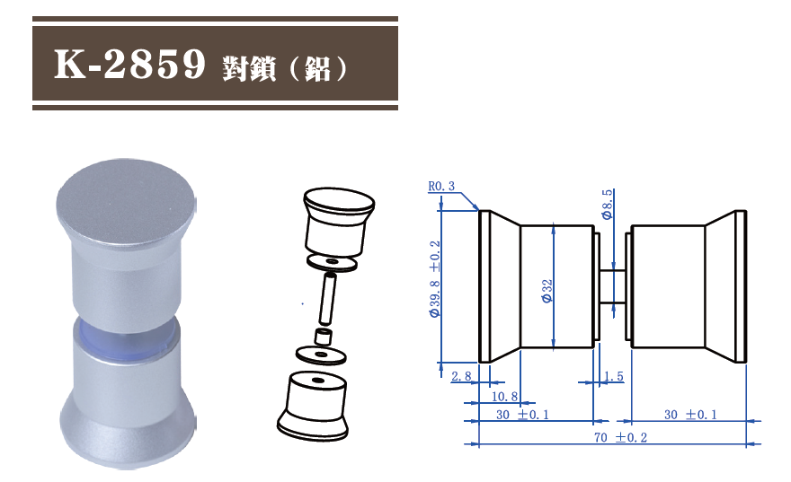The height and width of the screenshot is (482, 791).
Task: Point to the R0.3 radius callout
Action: pyautogui.click(x=441, y=187)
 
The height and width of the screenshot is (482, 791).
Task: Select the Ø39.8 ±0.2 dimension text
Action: pyautogui.click(x=435, y=280)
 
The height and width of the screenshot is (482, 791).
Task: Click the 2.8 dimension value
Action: pyautogui.click(x=461, y=376)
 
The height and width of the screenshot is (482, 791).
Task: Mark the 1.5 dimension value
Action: pyautogui.click(x=614, y=377)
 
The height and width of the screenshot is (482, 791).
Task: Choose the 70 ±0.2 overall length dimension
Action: pyautogui.click(x=619, y=437)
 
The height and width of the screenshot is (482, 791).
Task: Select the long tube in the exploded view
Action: pyautogui.click(x=328, y=299)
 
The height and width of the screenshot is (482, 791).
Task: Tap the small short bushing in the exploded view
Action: pyautogui.click(x=323, y=338)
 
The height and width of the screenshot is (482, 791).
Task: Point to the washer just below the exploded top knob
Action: pyautogui.click(x=332, y=262)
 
